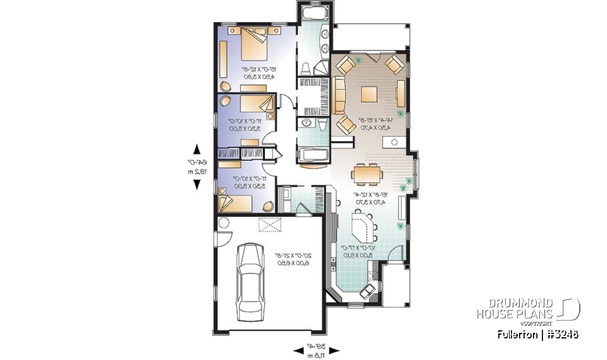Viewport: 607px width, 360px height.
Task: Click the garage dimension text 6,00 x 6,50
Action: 288,262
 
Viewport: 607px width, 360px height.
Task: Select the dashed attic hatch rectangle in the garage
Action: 269,225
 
